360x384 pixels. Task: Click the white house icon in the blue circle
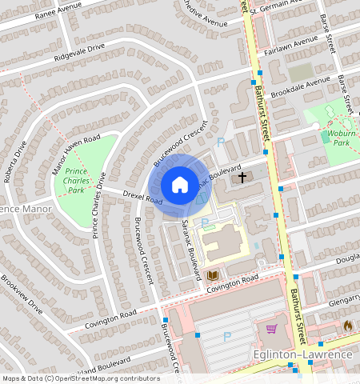pos(180,185)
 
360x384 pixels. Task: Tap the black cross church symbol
pos(242,175)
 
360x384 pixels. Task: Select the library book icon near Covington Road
pos(213,276)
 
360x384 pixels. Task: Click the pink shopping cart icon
pos(272,328)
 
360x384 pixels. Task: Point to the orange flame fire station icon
pos(347,326)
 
